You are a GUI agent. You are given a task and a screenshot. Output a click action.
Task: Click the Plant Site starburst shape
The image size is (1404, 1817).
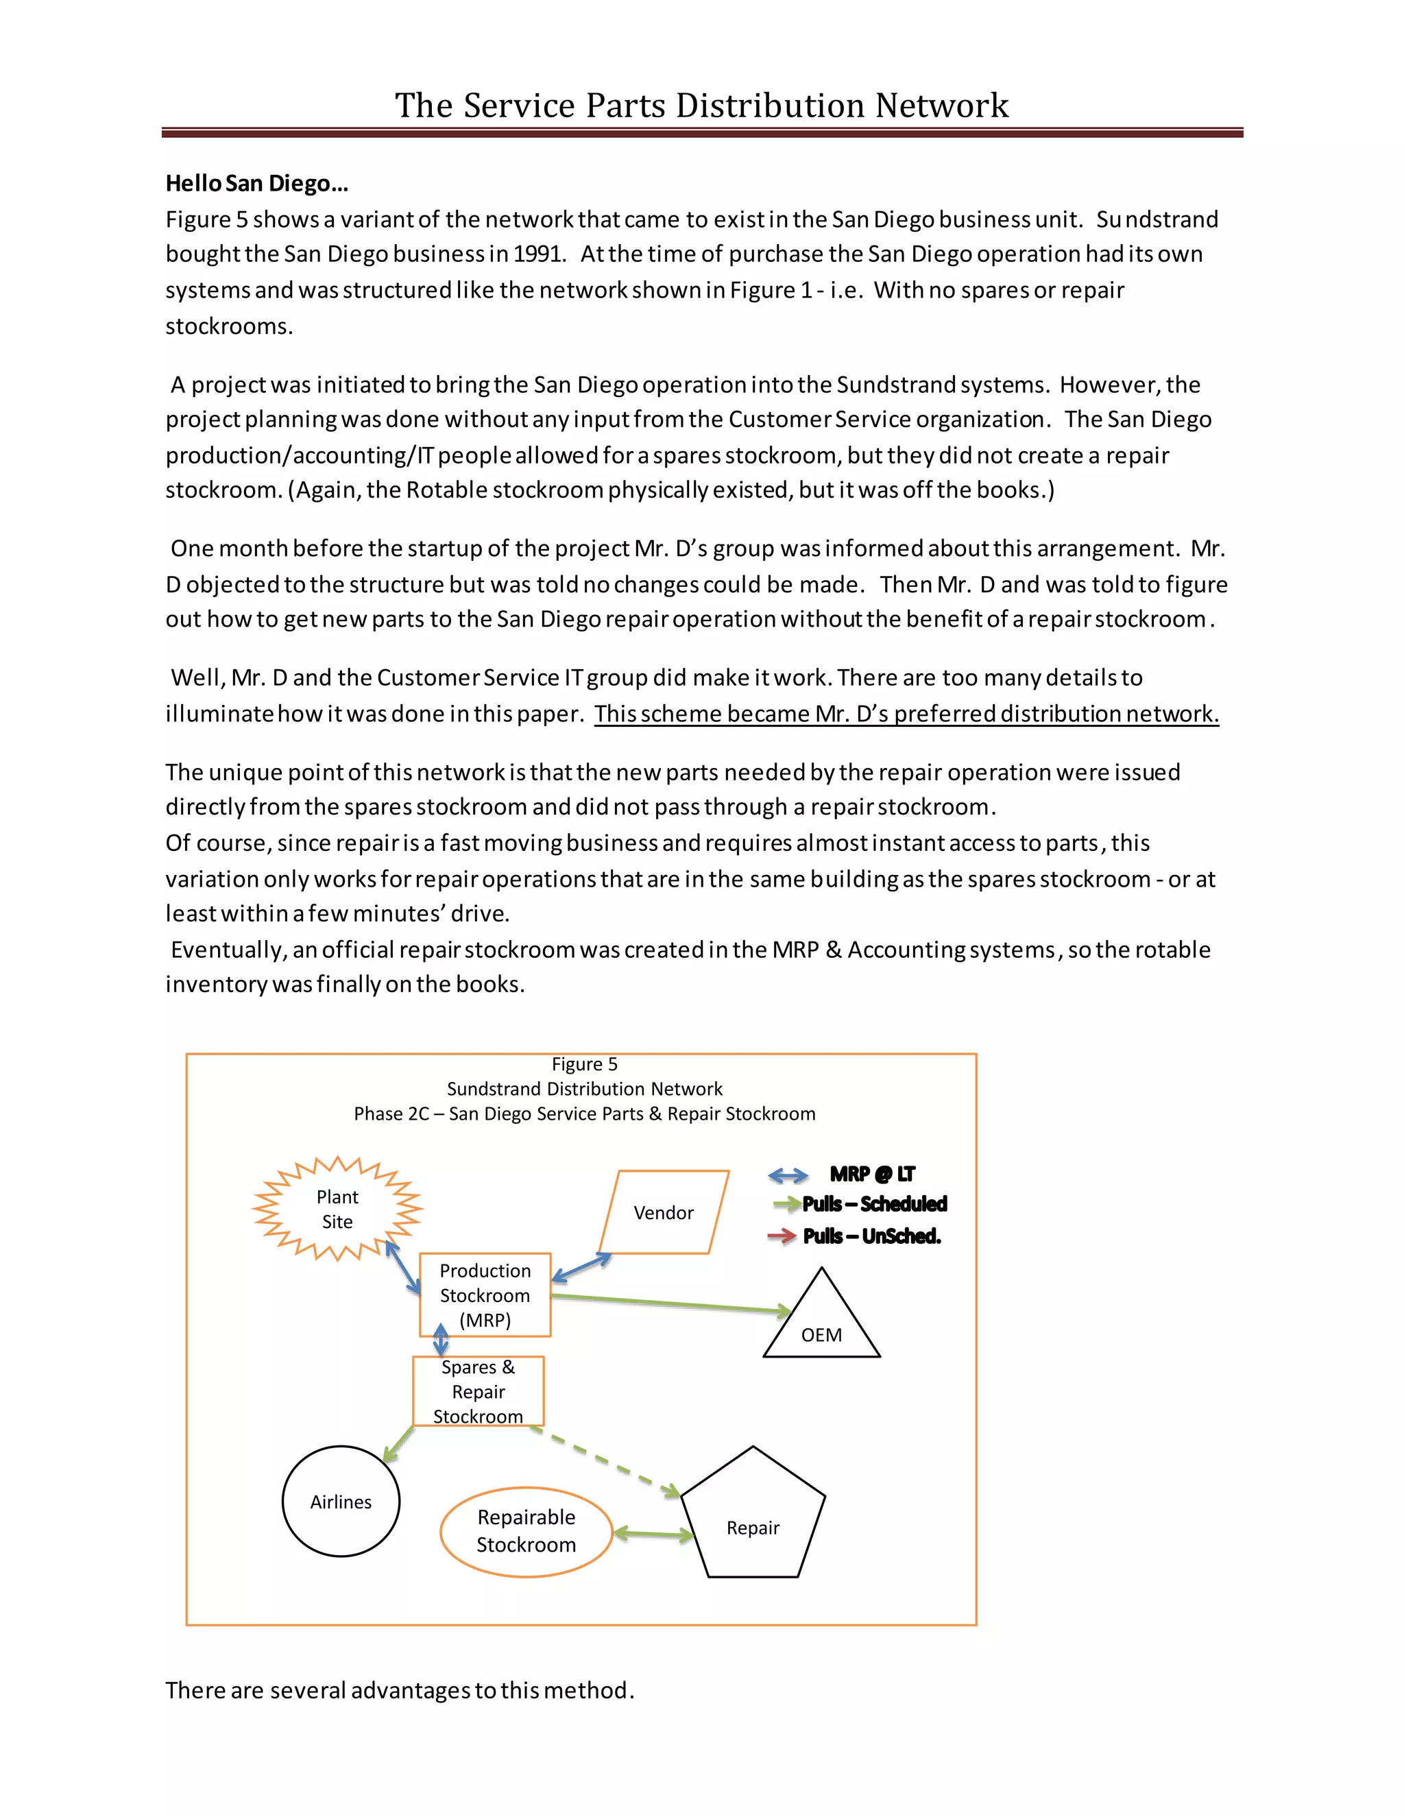[x=337, y=1209]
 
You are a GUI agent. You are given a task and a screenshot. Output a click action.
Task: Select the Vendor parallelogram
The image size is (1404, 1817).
[x=663, y=1212]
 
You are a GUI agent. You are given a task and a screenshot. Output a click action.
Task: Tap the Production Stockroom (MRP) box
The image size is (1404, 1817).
[x=485, y=1295]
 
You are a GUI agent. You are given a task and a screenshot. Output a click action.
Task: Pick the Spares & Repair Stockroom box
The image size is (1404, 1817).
[x=479, y=1391]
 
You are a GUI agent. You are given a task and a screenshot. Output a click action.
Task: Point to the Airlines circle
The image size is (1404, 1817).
[x=341, y=1501]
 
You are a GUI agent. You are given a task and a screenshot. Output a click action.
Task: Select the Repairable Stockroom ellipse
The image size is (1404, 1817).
[x=526, y=1531]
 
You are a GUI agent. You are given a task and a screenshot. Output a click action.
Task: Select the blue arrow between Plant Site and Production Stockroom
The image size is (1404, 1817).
[x=403, y=1268]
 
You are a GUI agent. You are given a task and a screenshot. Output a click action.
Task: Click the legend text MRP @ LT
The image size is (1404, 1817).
[x=872, y=1174]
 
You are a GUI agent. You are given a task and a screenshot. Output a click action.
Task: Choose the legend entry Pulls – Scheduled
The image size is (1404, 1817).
[x=874, y=1204]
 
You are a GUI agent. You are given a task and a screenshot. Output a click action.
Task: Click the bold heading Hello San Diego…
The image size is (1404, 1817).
[x=256, y=183]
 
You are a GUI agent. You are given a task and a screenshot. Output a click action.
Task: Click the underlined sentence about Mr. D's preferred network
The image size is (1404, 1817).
[x=906, y=714]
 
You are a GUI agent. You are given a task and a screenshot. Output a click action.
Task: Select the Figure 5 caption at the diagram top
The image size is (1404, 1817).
[x=584, y=1064]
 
